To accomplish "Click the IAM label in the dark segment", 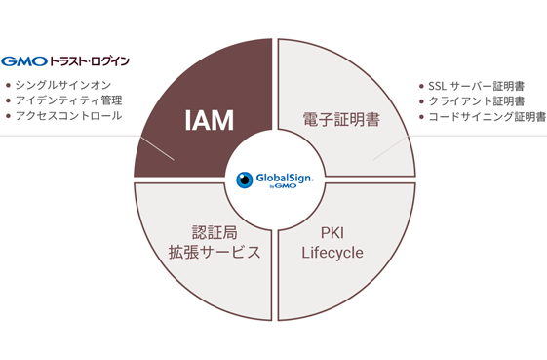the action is [209, 120].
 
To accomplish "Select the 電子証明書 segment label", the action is [341, 119].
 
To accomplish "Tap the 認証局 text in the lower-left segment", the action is [215, 232].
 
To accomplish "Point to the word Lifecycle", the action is [332, 253].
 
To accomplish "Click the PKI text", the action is [332, 233].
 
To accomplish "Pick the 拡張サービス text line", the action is [215, 252].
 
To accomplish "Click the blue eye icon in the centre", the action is [245, 180].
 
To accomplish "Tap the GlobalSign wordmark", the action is [285, 179].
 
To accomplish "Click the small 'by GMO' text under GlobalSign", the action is [283, 186].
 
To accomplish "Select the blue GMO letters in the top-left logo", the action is [24, 61].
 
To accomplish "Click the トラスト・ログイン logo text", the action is [90, 61].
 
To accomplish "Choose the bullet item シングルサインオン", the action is [63, 85].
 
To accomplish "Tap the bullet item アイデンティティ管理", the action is [68, 100].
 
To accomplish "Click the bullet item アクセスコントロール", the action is [68, 115].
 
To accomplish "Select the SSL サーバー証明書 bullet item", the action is [477, 86].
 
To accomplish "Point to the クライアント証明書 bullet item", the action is [477, 101].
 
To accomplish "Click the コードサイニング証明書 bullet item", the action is [487, 117].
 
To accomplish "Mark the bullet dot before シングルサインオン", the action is [9, 85].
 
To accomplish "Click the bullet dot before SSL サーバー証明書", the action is [421, 86].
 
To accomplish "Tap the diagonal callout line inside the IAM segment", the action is [157, 148].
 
